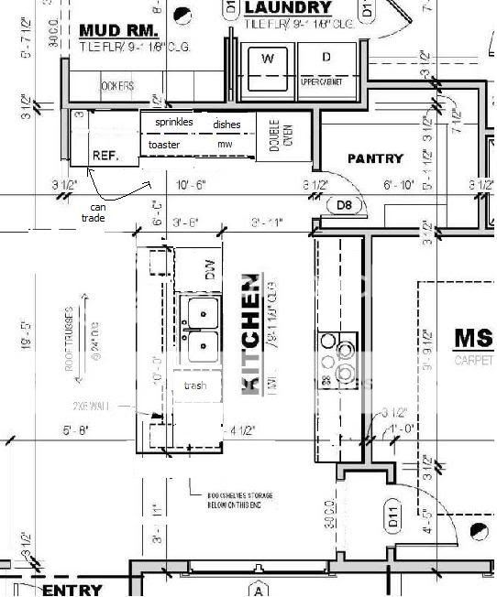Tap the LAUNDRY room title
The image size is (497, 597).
pos(288,8)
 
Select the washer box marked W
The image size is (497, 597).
pos(269,59)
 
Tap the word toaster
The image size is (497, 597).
pos(164,145)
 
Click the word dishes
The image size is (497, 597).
pos(227,124)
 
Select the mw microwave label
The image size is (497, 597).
pos(225,145)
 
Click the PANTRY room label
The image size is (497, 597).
pos(375,158)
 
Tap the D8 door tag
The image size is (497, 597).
pos(344,206)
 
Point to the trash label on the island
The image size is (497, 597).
pos(195,385)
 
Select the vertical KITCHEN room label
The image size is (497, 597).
pos(249,333)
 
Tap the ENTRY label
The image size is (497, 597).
pos(72,590)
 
